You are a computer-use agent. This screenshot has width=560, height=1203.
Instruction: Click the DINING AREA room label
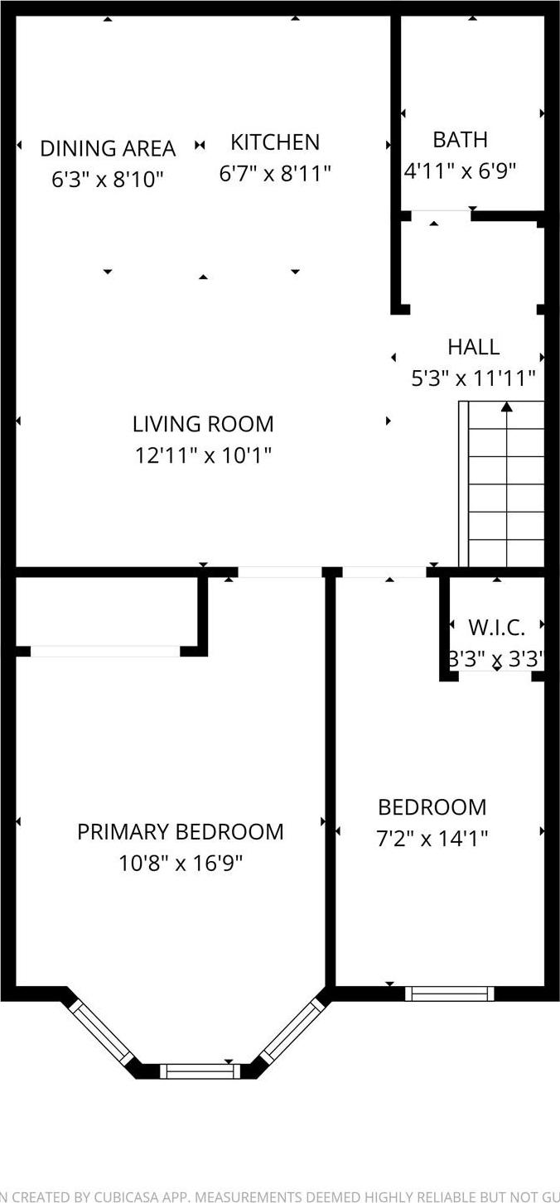click(108, 148)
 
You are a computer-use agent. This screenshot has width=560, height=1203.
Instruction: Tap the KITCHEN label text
click(275, 142)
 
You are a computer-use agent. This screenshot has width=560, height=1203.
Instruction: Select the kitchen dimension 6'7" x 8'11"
click(275, 174)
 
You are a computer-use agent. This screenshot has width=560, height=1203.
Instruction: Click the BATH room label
click(460, 139)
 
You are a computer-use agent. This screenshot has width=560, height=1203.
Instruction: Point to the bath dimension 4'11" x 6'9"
click(460, 171)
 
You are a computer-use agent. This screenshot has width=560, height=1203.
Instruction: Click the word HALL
click(473, 347)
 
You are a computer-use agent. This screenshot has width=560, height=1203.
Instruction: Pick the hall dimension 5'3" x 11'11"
click(473, 378)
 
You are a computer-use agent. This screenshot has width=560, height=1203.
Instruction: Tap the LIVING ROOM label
click(203, 424)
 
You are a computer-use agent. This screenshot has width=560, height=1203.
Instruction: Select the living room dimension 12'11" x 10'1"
click(203, 455)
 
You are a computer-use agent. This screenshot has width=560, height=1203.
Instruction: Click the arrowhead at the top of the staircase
click(506, 406)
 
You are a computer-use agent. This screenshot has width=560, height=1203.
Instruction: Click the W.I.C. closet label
click(496, 627)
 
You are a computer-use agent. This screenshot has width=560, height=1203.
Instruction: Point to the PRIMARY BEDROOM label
click(180, 832)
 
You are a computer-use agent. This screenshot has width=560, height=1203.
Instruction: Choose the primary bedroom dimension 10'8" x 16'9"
click(180, 864)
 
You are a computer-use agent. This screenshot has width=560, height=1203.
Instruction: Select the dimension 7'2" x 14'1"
click(432, 839)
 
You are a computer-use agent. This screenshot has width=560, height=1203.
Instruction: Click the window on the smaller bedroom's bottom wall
click(449, 994)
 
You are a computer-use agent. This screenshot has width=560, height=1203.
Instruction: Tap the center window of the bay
click(200, 1071)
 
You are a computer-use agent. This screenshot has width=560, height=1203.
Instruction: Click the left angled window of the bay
click(100, 1032)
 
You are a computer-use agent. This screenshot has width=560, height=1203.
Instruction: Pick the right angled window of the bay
click(292, 1030)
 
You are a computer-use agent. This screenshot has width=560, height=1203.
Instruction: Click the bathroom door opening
click(441, 215)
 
